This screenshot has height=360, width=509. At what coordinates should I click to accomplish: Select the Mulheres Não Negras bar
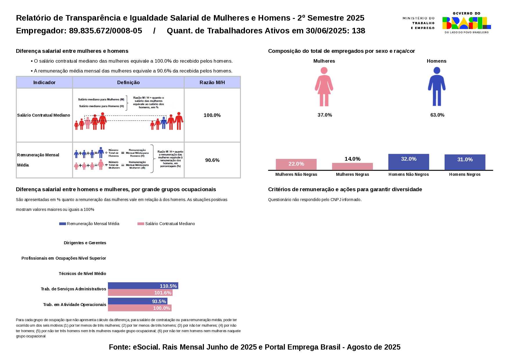click(x=296, y=164)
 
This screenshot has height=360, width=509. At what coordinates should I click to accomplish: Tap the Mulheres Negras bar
click(x=352, y=167)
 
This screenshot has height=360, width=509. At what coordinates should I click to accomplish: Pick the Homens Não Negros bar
click(x=408, y=162)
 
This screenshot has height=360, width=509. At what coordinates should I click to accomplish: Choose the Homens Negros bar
click(x=465, y=162)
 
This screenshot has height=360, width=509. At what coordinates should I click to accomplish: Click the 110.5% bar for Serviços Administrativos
click(x=143, y=286)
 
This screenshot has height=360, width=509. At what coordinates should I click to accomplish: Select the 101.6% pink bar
click(x=140, y=293)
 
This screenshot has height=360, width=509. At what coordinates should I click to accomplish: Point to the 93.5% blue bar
click(x=137, y=301)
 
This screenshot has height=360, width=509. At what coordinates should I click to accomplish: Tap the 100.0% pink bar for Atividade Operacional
click(x=139, y=308)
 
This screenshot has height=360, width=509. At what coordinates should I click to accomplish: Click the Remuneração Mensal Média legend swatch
click(x=62, y=224)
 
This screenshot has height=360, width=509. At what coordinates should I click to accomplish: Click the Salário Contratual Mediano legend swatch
click(x=141, y=224)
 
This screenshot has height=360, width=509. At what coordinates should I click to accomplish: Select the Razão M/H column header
click(x=212, y=82)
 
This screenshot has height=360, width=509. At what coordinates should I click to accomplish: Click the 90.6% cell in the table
click(x=212, y=160)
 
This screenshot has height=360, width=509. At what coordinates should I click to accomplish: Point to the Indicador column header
click(x=44, y=82)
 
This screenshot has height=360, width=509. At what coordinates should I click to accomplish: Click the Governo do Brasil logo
click(x=466, y=23)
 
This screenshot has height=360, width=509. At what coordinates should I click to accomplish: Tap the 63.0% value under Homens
click(x=437, y=115)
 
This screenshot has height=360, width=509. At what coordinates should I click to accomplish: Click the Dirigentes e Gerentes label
click(x=85, y=243)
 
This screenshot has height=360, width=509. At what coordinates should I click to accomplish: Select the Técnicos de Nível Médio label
click(x=82, y=274)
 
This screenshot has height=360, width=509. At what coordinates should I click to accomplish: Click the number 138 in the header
click(x=358, y=31)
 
